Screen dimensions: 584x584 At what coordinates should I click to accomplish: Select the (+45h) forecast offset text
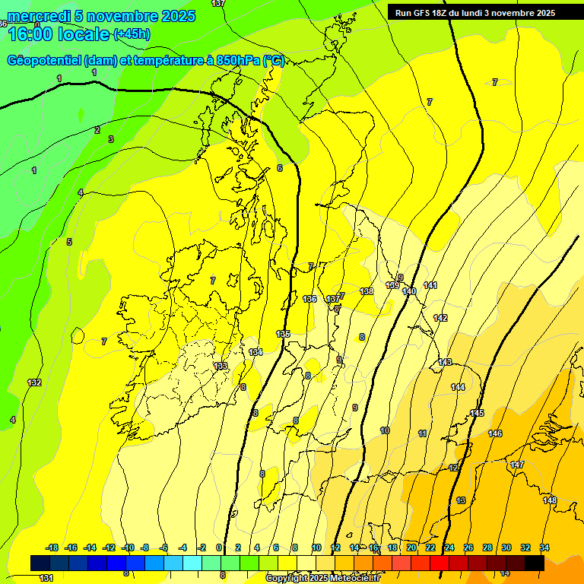132,34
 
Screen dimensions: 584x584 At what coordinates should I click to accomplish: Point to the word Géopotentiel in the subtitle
45,61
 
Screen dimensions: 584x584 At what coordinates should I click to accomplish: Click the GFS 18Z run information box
475,12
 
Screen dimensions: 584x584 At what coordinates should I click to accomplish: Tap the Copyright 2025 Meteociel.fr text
322,579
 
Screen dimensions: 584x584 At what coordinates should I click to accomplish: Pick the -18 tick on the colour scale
52,547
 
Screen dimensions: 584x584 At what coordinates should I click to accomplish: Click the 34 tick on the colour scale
544,547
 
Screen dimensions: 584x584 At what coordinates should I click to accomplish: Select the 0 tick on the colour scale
219,547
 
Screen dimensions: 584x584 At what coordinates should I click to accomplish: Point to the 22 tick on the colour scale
430,547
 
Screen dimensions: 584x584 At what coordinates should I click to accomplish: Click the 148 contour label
550,500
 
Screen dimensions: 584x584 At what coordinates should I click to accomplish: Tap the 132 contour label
34,382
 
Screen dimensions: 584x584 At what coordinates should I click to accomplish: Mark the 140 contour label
409,291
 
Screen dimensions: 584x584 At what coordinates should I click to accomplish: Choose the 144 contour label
458,387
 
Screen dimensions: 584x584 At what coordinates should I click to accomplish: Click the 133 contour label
221,366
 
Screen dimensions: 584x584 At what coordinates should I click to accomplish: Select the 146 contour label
495,433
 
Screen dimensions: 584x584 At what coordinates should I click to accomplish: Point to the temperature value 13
461,500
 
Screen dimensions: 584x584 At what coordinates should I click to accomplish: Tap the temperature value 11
422,433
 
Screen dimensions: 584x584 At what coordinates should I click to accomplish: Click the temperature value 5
69,242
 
